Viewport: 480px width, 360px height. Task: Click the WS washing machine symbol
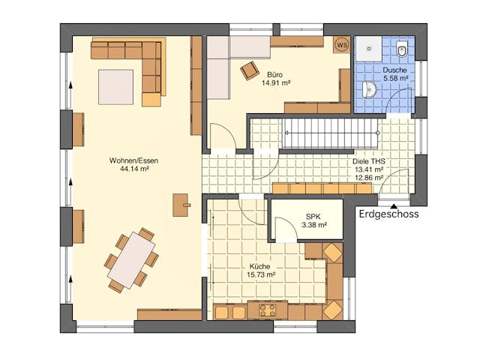tap(342, 45)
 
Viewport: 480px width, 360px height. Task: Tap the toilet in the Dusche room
tap(401, 48)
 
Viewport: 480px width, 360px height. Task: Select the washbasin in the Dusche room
tap(368, 88)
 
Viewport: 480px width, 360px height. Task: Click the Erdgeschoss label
tap(388, 213)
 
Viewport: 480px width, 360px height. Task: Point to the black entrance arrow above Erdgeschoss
tap(394, 205)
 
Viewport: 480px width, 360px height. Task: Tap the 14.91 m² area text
tap(276, 82)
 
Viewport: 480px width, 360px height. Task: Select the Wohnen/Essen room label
tap(133, 160)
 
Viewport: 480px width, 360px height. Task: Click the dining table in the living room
tap(132, 260)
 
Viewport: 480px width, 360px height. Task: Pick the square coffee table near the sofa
tap(115, 87)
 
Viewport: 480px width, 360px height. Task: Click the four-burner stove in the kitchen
tap(267, 310)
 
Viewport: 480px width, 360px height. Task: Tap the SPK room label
tap(313, 217)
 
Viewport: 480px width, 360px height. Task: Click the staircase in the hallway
tap(331, 133)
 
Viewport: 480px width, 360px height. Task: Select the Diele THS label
tap(368, 161)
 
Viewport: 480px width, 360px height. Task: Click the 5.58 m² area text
tap(396, 78)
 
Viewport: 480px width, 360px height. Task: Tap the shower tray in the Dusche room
tap(368, 48)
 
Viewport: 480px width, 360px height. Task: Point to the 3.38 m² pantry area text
tap(314, 225)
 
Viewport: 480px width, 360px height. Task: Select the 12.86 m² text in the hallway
tap(369, 177)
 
